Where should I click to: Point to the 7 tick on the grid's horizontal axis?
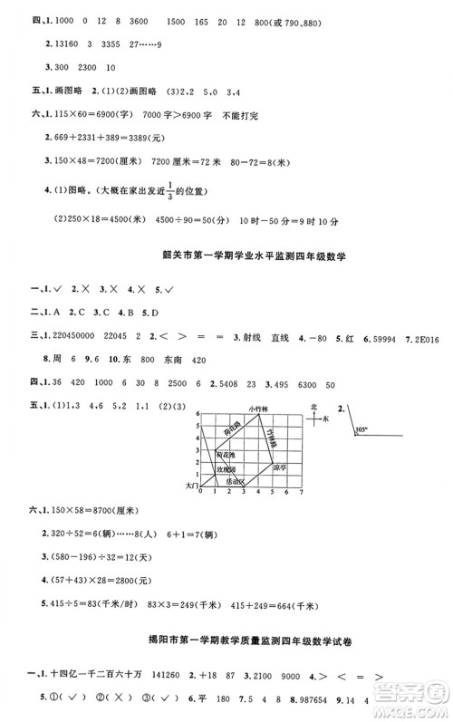[x=301, y=495]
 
